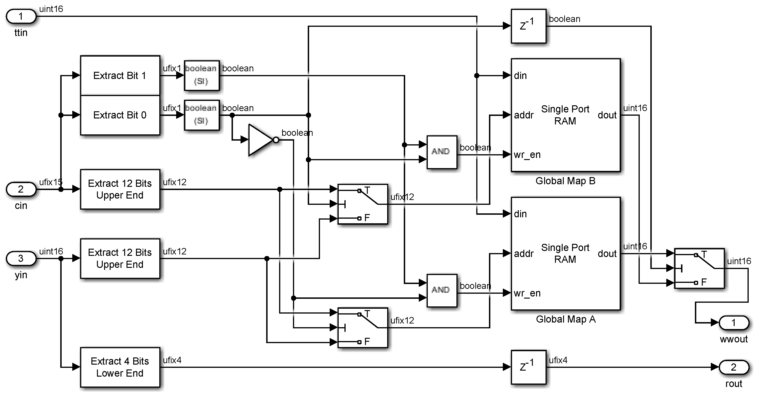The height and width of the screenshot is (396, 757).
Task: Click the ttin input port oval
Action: tap(21, 16)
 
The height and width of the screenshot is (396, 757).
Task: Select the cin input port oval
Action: tap(21, 189)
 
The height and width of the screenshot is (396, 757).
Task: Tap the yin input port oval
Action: tap(21, 258)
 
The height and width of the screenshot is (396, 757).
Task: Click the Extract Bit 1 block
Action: tap(120, 76)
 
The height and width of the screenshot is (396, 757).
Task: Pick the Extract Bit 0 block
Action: tap(120, 115)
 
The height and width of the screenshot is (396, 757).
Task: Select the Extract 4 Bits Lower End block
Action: tap(120, 367)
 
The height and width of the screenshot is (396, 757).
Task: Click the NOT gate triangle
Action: tap(260, 140)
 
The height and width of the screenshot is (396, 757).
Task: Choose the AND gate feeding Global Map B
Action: tap(441, 152)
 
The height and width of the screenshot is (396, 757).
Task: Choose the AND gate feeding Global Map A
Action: tap(441, 290)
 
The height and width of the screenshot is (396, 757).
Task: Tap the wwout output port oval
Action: tap(733, 323)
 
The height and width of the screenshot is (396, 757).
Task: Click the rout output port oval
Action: tap(733, 367)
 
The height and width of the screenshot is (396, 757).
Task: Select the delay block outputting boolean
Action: tap(528, 26)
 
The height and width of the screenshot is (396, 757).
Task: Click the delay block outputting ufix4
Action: tap(528, 367)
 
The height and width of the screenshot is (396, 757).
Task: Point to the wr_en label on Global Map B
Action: tap(527, 155)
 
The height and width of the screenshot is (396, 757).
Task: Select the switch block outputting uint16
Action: tap(699, 268)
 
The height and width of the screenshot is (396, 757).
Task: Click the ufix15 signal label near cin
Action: tap(51, 182)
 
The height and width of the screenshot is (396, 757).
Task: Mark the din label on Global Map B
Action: tap(520, 76)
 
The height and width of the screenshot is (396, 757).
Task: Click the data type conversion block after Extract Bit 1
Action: tap(202, 75)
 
